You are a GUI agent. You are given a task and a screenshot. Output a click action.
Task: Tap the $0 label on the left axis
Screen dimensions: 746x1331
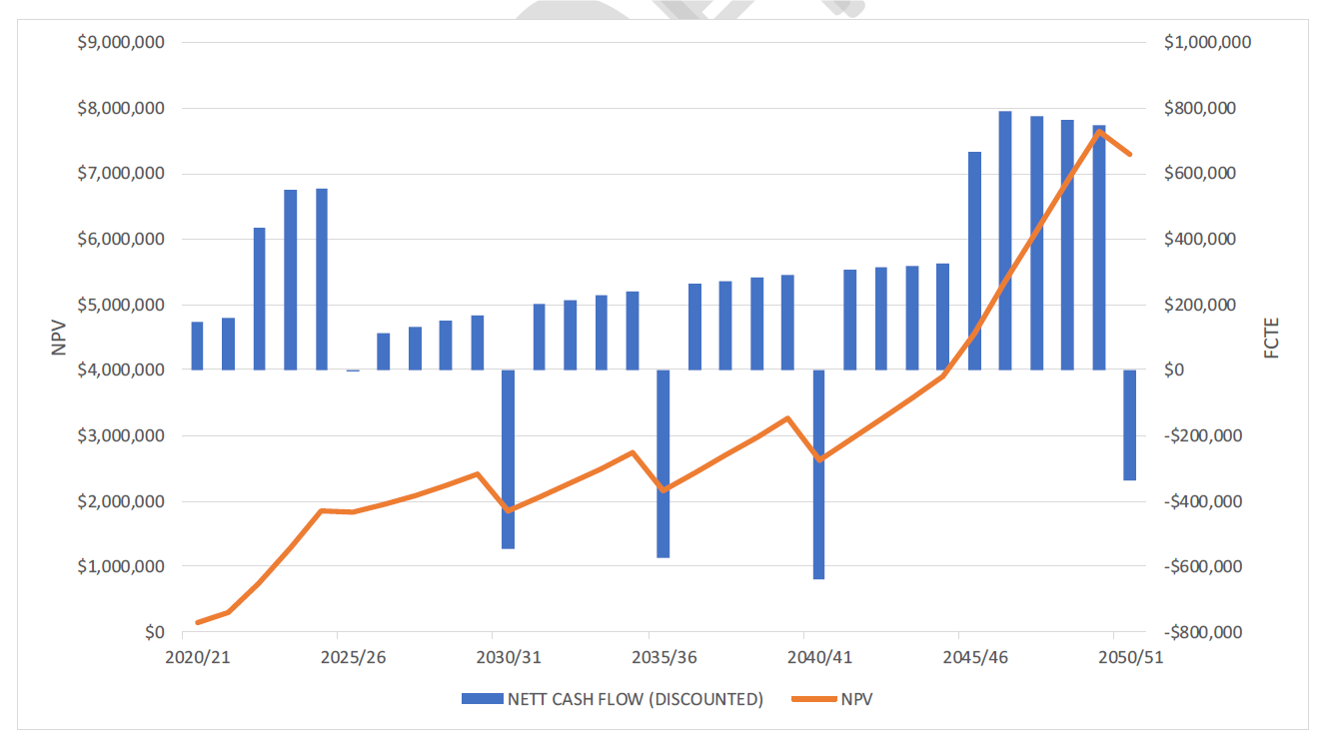point(154,632)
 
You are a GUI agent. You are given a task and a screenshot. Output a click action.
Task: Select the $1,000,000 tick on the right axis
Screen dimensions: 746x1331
point(1207,43)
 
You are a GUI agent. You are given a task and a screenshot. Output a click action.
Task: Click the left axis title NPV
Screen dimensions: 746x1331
point(58,338)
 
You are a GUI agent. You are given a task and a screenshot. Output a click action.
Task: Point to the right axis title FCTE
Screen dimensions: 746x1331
point(1272,338)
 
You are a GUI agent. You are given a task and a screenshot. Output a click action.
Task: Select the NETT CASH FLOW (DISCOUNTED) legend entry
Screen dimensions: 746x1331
point(612,699)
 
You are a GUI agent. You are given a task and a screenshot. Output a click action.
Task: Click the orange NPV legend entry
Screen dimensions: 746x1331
point(832,699)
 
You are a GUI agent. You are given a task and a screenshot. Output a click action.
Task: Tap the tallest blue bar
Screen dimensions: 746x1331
point(1005,240)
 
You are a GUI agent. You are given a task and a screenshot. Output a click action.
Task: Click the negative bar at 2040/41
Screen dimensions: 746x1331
point(818,474)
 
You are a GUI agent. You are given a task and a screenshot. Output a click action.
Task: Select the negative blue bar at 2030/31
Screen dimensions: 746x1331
point(508,459)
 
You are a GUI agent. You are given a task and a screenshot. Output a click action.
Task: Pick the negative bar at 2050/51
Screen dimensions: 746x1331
point(1129,424)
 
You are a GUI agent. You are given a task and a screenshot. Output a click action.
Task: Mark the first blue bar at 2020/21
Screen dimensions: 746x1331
point(197,346)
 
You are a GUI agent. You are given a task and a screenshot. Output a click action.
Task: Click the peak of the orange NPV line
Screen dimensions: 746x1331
point(1099,131)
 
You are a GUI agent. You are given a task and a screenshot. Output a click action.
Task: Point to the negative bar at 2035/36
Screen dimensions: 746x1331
point(663,463)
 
